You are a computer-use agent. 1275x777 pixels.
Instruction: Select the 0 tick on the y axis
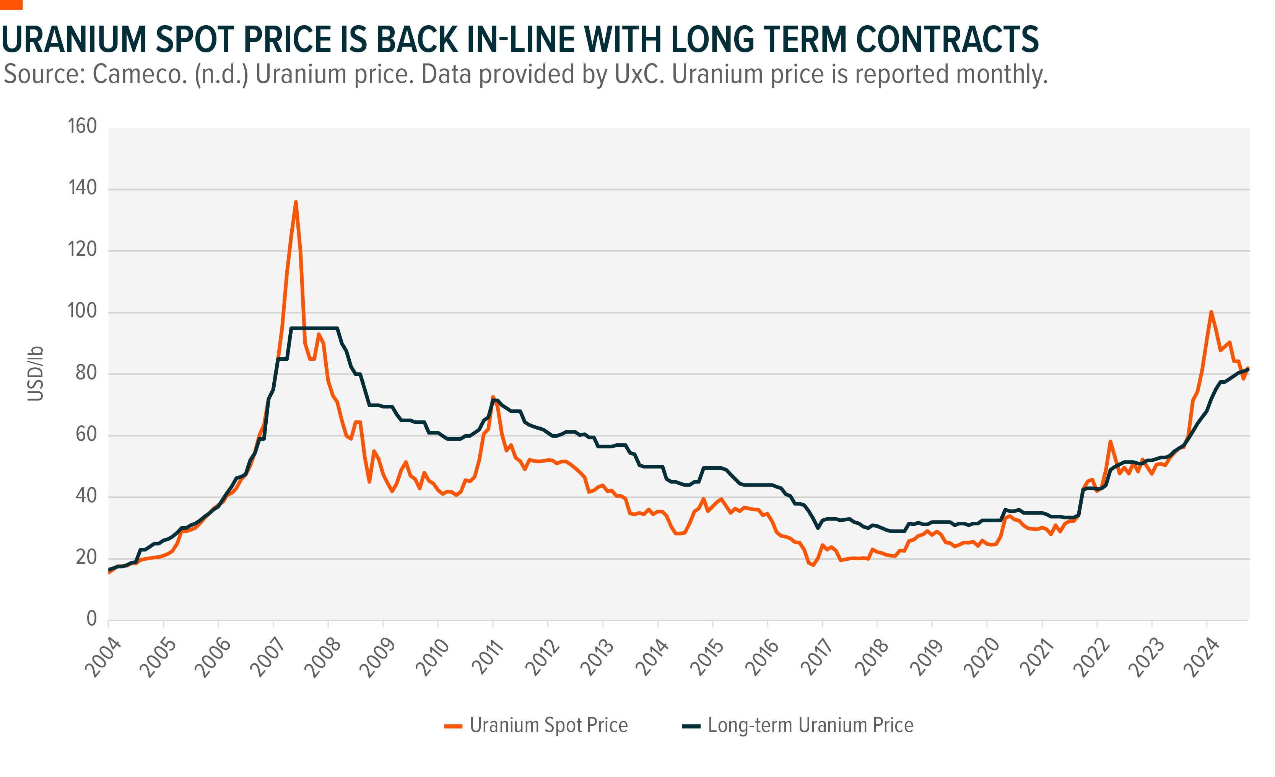click(91, 619)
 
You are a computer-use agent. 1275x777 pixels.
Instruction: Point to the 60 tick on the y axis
click(86, 434)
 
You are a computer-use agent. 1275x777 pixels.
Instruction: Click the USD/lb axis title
click(35, 373)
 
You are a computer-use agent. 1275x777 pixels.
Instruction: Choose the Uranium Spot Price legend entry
click(536, 725)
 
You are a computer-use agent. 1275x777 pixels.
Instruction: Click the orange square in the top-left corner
click(11, 5)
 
